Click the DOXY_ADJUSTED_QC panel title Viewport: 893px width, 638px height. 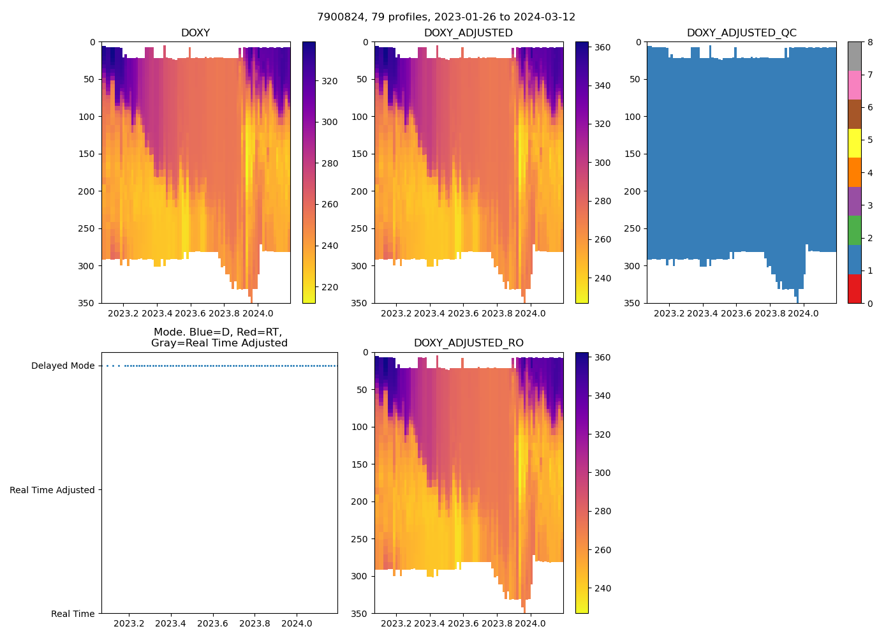tap(741, 33)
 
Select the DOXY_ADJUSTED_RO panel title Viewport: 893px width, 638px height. tap(468, 343)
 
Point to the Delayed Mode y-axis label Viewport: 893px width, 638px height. tap(63, 366)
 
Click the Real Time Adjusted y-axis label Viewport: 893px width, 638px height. tap(52, 490)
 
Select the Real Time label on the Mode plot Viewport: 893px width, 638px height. tap(73, 614)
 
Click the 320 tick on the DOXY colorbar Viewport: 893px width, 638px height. tap(329, 81)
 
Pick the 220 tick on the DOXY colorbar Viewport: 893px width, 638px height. tap(329, 287)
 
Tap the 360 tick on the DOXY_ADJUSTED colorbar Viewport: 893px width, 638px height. tap(603, 47)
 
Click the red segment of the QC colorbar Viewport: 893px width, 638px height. tap(854, 288)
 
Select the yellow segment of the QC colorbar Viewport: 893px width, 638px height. tap(854, 144)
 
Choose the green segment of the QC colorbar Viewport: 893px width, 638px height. tap(854, 230)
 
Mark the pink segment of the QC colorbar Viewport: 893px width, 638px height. tap(854, 85)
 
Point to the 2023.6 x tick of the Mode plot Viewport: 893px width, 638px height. tap(212, 623)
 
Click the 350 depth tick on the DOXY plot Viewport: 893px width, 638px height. tap(88, 303)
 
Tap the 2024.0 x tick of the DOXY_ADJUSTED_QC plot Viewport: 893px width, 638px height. tap(804, 313)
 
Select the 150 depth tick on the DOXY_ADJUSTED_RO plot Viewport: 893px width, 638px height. tap(361, 464)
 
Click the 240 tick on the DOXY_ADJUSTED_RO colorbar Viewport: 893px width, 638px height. tap(603, 588)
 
